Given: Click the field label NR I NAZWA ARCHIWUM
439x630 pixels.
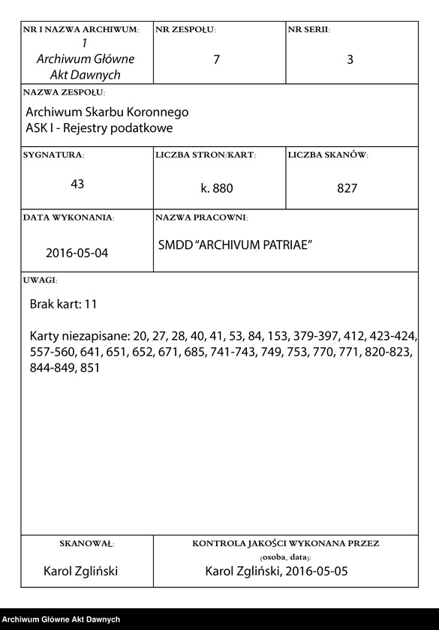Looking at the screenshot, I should [81, 30].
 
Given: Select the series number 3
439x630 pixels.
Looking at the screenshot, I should [350, 60].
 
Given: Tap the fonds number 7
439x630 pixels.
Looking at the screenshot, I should [216, 60].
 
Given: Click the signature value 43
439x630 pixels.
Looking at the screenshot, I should [77, 184].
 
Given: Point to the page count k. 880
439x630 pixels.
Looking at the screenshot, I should [217, 189].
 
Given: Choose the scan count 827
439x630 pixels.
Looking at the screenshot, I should [347, 189].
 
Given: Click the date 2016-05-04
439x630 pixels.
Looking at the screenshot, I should [77, 253].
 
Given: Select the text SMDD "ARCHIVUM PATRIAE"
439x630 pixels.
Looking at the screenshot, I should [235, 246].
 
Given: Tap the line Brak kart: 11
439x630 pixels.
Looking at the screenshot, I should [63, 304].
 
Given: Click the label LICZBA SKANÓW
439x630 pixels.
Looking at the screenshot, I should [327, 155].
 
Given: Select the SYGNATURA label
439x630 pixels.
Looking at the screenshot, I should [53, 155].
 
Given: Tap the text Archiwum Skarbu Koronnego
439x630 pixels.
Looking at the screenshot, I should [107, 112].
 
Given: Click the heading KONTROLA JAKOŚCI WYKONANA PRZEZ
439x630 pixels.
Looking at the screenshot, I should [285, 542].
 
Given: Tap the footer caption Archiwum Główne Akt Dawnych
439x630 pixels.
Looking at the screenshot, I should [61, 619].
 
